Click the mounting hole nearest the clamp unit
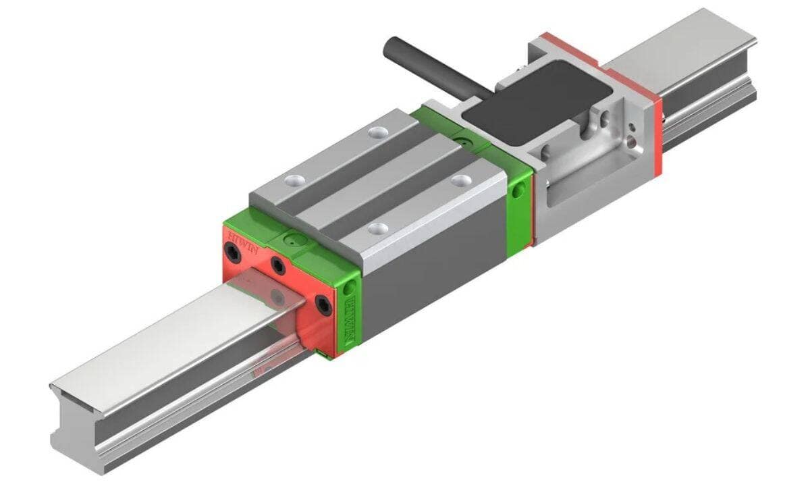[x=462, y=180]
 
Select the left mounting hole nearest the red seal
[x=294, y=180]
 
